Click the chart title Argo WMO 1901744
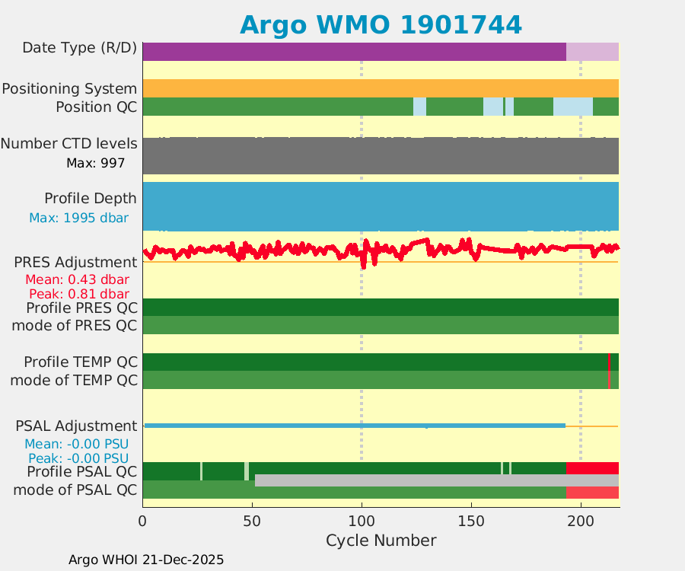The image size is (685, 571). (381, 24)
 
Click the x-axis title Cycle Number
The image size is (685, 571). (381, 541)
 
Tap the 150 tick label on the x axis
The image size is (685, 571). (471, 521)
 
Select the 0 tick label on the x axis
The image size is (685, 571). (142, 521)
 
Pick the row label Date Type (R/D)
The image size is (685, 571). (79, 48)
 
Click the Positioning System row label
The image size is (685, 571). (69, 88)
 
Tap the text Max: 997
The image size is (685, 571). (96, 162)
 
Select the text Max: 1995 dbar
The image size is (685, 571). (78, 218)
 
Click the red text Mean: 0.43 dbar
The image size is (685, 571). (77, 279)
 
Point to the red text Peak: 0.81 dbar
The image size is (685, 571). (78, 294)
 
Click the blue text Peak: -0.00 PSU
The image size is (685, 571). (78, 458)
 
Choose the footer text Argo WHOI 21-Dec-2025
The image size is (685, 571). (146, 560)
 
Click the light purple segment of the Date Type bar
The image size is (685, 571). (592, 51)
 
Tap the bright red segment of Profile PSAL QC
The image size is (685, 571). (592, 467)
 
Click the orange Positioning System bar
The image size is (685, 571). (381, 88)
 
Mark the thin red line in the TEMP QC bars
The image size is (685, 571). (609, 371)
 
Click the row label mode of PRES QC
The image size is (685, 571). (75, 326)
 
